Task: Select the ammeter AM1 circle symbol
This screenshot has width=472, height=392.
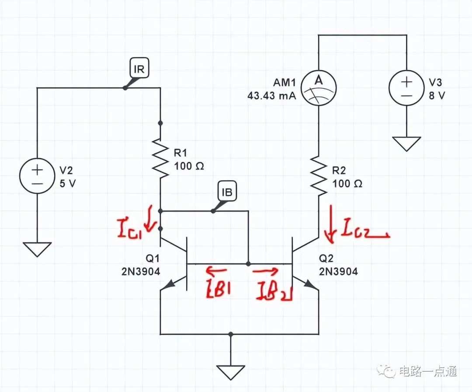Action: point(319,88)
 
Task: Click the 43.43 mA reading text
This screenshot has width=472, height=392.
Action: point(271,96)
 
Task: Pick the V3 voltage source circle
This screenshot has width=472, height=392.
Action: point(406,88)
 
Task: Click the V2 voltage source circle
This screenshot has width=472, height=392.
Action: point(37,176)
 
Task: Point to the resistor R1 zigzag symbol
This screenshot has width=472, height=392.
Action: point(160,158)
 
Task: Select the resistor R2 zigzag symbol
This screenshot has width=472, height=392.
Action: point(319,175)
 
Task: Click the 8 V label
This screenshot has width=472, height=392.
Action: point(437,96)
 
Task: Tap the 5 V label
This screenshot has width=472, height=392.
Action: point(68,184)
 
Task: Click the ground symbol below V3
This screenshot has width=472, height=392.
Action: point(406,144)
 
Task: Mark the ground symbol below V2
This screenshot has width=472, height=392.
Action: point(37,250)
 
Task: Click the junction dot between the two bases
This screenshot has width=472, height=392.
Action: point(248,264)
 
